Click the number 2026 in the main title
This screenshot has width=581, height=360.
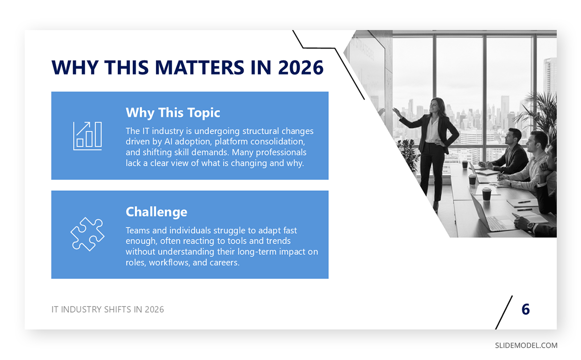tap(301, 67)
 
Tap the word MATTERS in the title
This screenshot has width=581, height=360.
tap(199, 67)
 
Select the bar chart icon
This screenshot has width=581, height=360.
tap(88, 136)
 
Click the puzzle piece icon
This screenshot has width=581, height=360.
tap(88, 234)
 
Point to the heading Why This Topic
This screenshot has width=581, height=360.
tap(173, 113)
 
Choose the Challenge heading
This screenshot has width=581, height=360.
tap(156, 212)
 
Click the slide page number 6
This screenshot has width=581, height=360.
tap(525, 309)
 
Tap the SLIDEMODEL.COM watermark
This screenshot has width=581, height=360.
tap(526, 345)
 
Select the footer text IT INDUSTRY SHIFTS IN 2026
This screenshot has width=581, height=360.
tap(107, 310)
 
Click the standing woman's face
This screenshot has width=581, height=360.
tap(434, 105)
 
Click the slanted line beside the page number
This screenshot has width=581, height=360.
tap(504, 313)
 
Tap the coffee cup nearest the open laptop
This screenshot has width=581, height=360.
tap(487, 194)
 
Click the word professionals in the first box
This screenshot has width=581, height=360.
tap(281, 153)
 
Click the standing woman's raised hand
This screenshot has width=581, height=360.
tap(397, 112)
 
